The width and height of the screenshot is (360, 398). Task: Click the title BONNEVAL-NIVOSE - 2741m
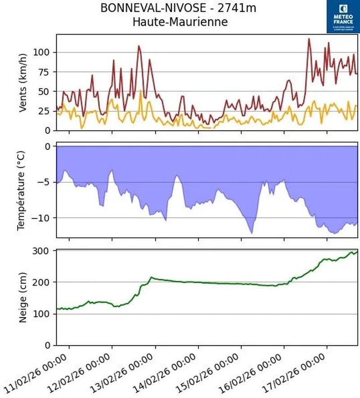180,8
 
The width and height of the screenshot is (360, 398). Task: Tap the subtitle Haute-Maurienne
180,21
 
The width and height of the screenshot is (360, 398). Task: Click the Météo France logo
343,16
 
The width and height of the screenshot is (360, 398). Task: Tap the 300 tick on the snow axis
43,250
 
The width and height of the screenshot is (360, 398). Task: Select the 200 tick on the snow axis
43,282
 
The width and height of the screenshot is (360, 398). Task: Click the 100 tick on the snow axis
43,314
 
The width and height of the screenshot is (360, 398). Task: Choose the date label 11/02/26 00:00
38,372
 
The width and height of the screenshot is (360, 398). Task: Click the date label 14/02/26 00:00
166,372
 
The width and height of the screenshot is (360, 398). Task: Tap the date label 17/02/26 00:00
295,372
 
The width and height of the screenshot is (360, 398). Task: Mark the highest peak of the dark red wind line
309,39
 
